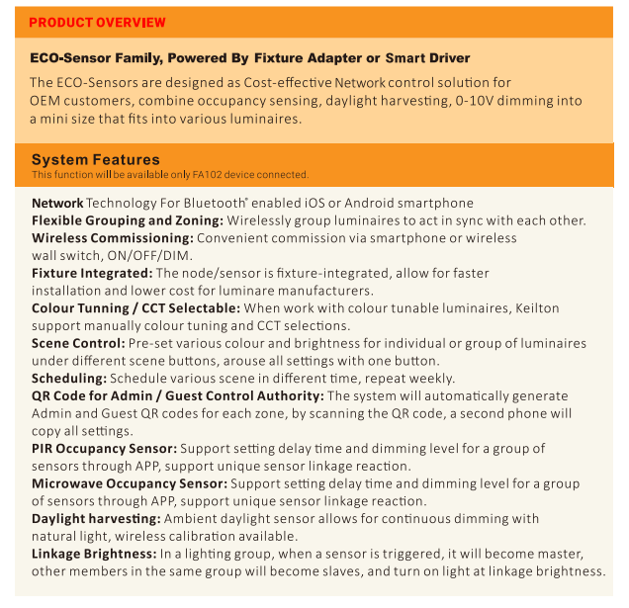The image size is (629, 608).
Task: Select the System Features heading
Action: pyautogui.click(x=95, y=159)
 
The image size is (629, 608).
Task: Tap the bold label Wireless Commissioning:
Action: pyautogui.click(x=113, y=237)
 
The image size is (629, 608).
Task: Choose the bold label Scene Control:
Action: pyautogui.click(x=78, y=343)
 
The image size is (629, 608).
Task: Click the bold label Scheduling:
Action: pyautogui.click(x=69, y=378)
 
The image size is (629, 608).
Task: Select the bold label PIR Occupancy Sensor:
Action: pyautogui.click(x=104, y=448)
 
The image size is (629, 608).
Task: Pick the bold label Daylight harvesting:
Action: pyautogui.click(x=102, y=518)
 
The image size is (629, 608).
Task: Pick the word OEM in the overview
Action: pyautogui.click(x=45, y=101)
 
